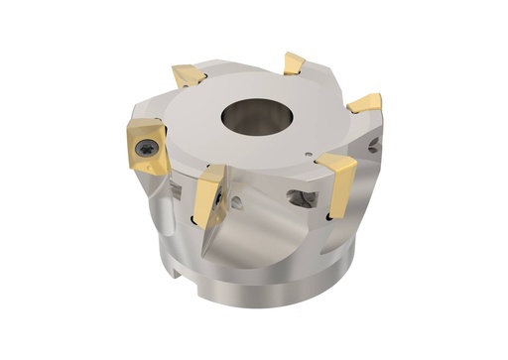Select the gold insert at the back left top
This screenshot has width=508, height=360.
189,75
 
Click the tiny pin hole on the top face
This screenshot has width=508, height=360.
314,154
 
